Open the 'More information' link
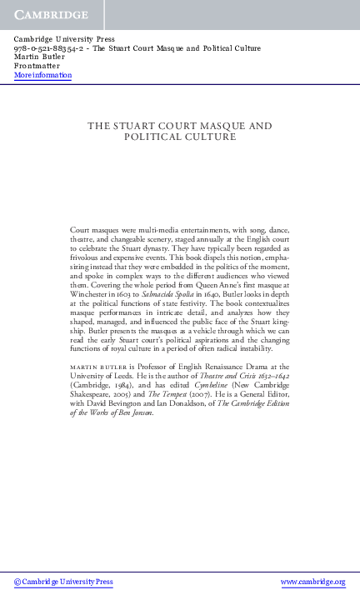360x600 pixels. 42,75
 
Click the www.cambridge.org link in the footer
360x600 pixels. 312,582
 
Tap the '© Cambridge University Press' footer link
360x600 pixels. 63,582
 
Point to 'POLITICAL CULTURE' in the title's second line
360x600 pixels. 180,137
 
